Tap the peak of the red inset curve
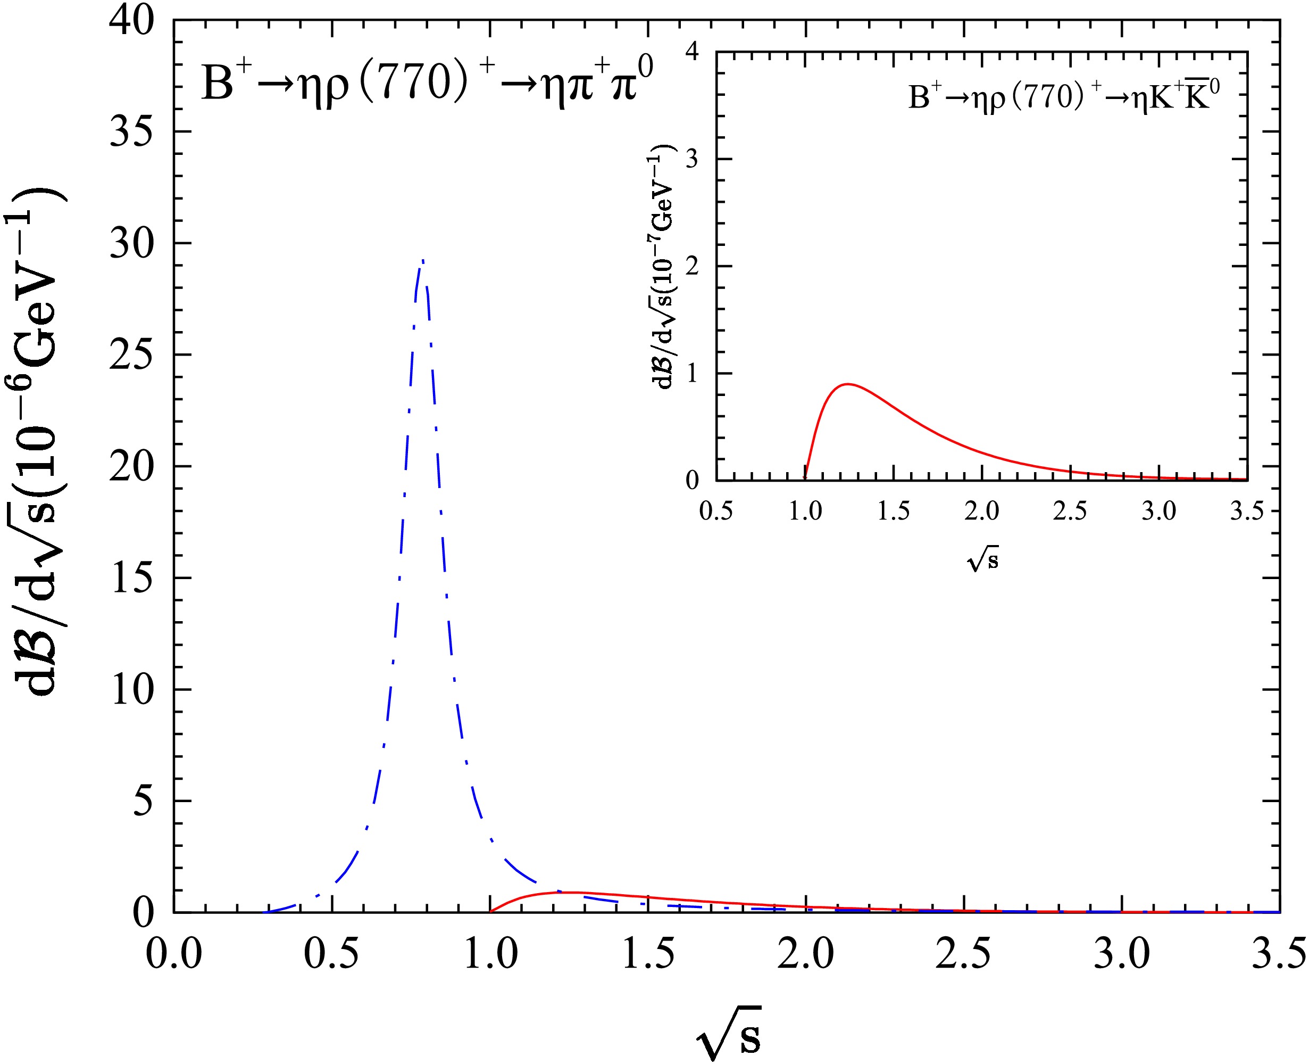pyautogui.click(x=848, y=384)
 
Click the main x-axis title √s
pyautogui.click(x=729, y=1033)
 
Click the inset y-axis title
pyautogui.click(x=662, y=267)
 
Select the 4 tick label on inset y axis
pyautogui.click(x=692, y=52)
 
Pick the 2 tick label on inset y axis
pyautogui.click(x=692, y=266)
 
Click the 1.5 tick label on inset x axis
pyautogui.click(x=894, y=510)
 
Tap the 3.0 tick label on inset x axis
pyautogui.click(x=1159, y=510)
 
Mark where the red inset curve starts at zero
pyautogui.click(x=805, y=478)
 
